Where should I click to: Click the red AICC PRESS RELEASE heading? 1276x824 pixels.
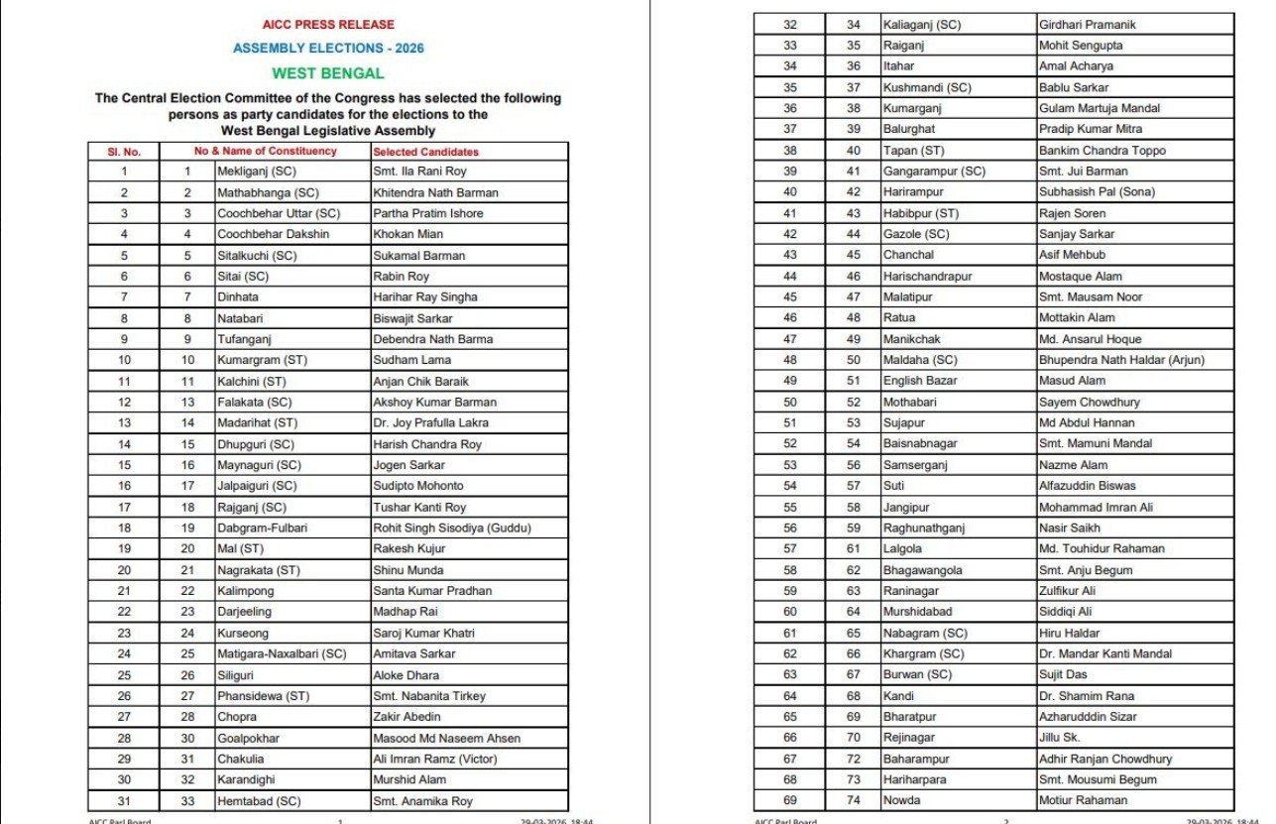point(328,25)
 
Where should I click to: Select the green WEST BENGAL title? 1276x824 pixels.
point(328,73)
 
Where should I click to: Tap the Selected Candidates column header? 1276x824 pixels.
point(425,152)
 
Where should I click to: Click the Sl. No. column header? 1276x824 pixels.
point(124,152)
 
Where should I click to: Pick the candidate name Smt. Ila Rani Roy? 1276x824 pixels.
point(419,172)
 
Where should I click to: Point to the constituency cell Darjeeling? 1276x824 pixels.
point(244,612)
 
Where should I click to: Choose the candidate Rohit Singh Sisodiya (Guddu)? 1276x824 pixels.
point(451,528)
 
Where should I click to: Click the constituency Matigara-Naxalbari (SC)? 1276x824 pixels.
point(282,653)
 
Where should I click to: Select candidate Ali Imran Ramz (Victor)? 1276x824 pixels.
point(434,759)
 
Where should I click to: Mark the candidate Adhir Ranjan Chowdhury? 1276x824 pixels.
point(1104,759)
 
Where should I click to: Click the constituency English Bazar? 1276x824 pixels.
point(918,381)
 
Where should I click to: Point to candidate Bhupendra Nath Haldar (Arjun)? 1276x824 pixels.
point(1121,360)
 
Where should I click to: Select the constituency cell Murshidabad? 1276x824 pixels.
point(917,612)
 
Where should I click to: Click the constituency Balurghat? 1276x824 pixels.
point(909,129)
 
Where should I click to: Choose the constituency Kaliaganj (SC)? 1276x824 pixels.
point(922,25)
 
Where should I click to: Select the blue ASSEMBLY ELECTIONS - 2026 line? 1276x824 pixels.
point(328,49)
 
